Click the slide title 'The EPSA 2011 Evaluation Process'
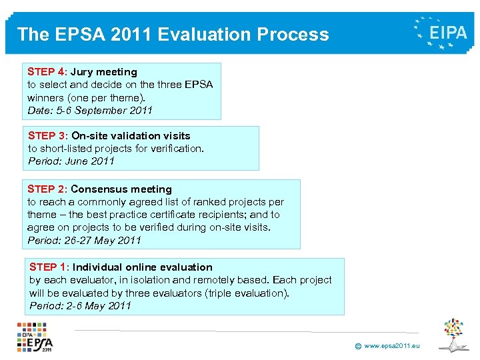pyautogui.click(x=173, y=35)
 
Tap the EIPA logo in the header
pyautogui.click(x=441, y=33)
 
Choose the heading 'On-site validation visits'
pyautogui.click(x=131, y=136)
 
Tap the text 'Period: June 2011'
pyautogui.click(x=71, y=161)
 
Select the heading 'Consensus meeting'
pyautogui.click(x=121, y=189)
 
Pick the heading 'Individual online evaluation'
pyautogui.click(x=143, y=267)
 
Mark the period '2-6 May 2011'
pyautogui.click(x=102, y=306)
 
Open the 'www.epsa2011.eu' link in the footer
pyautogui.click(x=392, y=346)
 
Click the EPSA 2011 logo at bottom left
pyautogui.click(x=35, y=337)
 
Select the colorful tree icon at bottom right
pyautogui.click(x=453, y=334)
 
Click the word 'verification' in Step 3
pyautogui.click(x=175, y=149)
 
